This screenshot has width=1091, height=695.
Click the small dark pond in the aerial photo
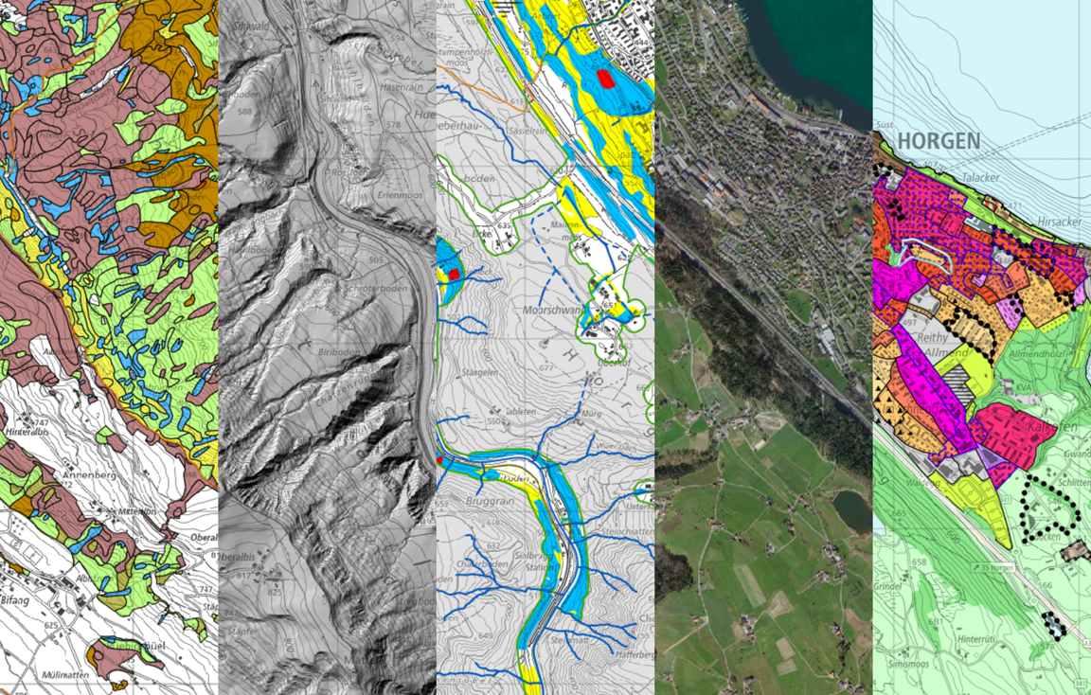click(x=850, y=510)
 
